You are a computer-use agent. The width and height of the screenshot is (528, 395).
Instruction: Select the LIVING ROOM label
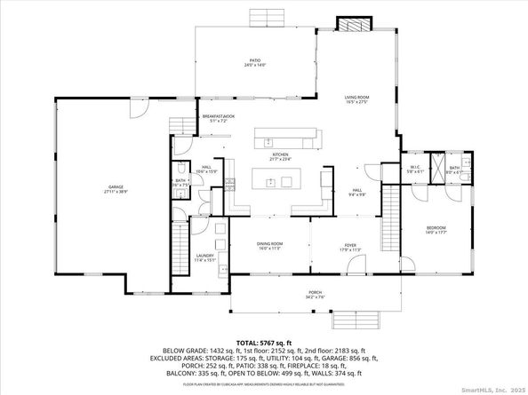point(357,99)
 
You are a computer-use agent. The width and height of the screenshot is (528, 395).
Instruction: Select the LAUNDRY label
point(205,257)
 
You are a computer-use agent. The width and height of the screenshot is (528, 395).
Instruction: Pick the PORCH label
point(316,294)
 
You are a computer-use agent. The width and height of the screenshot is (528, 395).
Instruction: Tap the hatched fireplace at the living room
point(350,23)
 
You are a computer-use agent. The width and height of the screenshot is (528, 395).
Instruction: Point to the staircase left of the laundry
point(178,249)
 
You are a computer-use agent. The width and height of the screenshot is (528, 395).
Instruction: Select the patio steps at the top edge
point(265,17)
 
